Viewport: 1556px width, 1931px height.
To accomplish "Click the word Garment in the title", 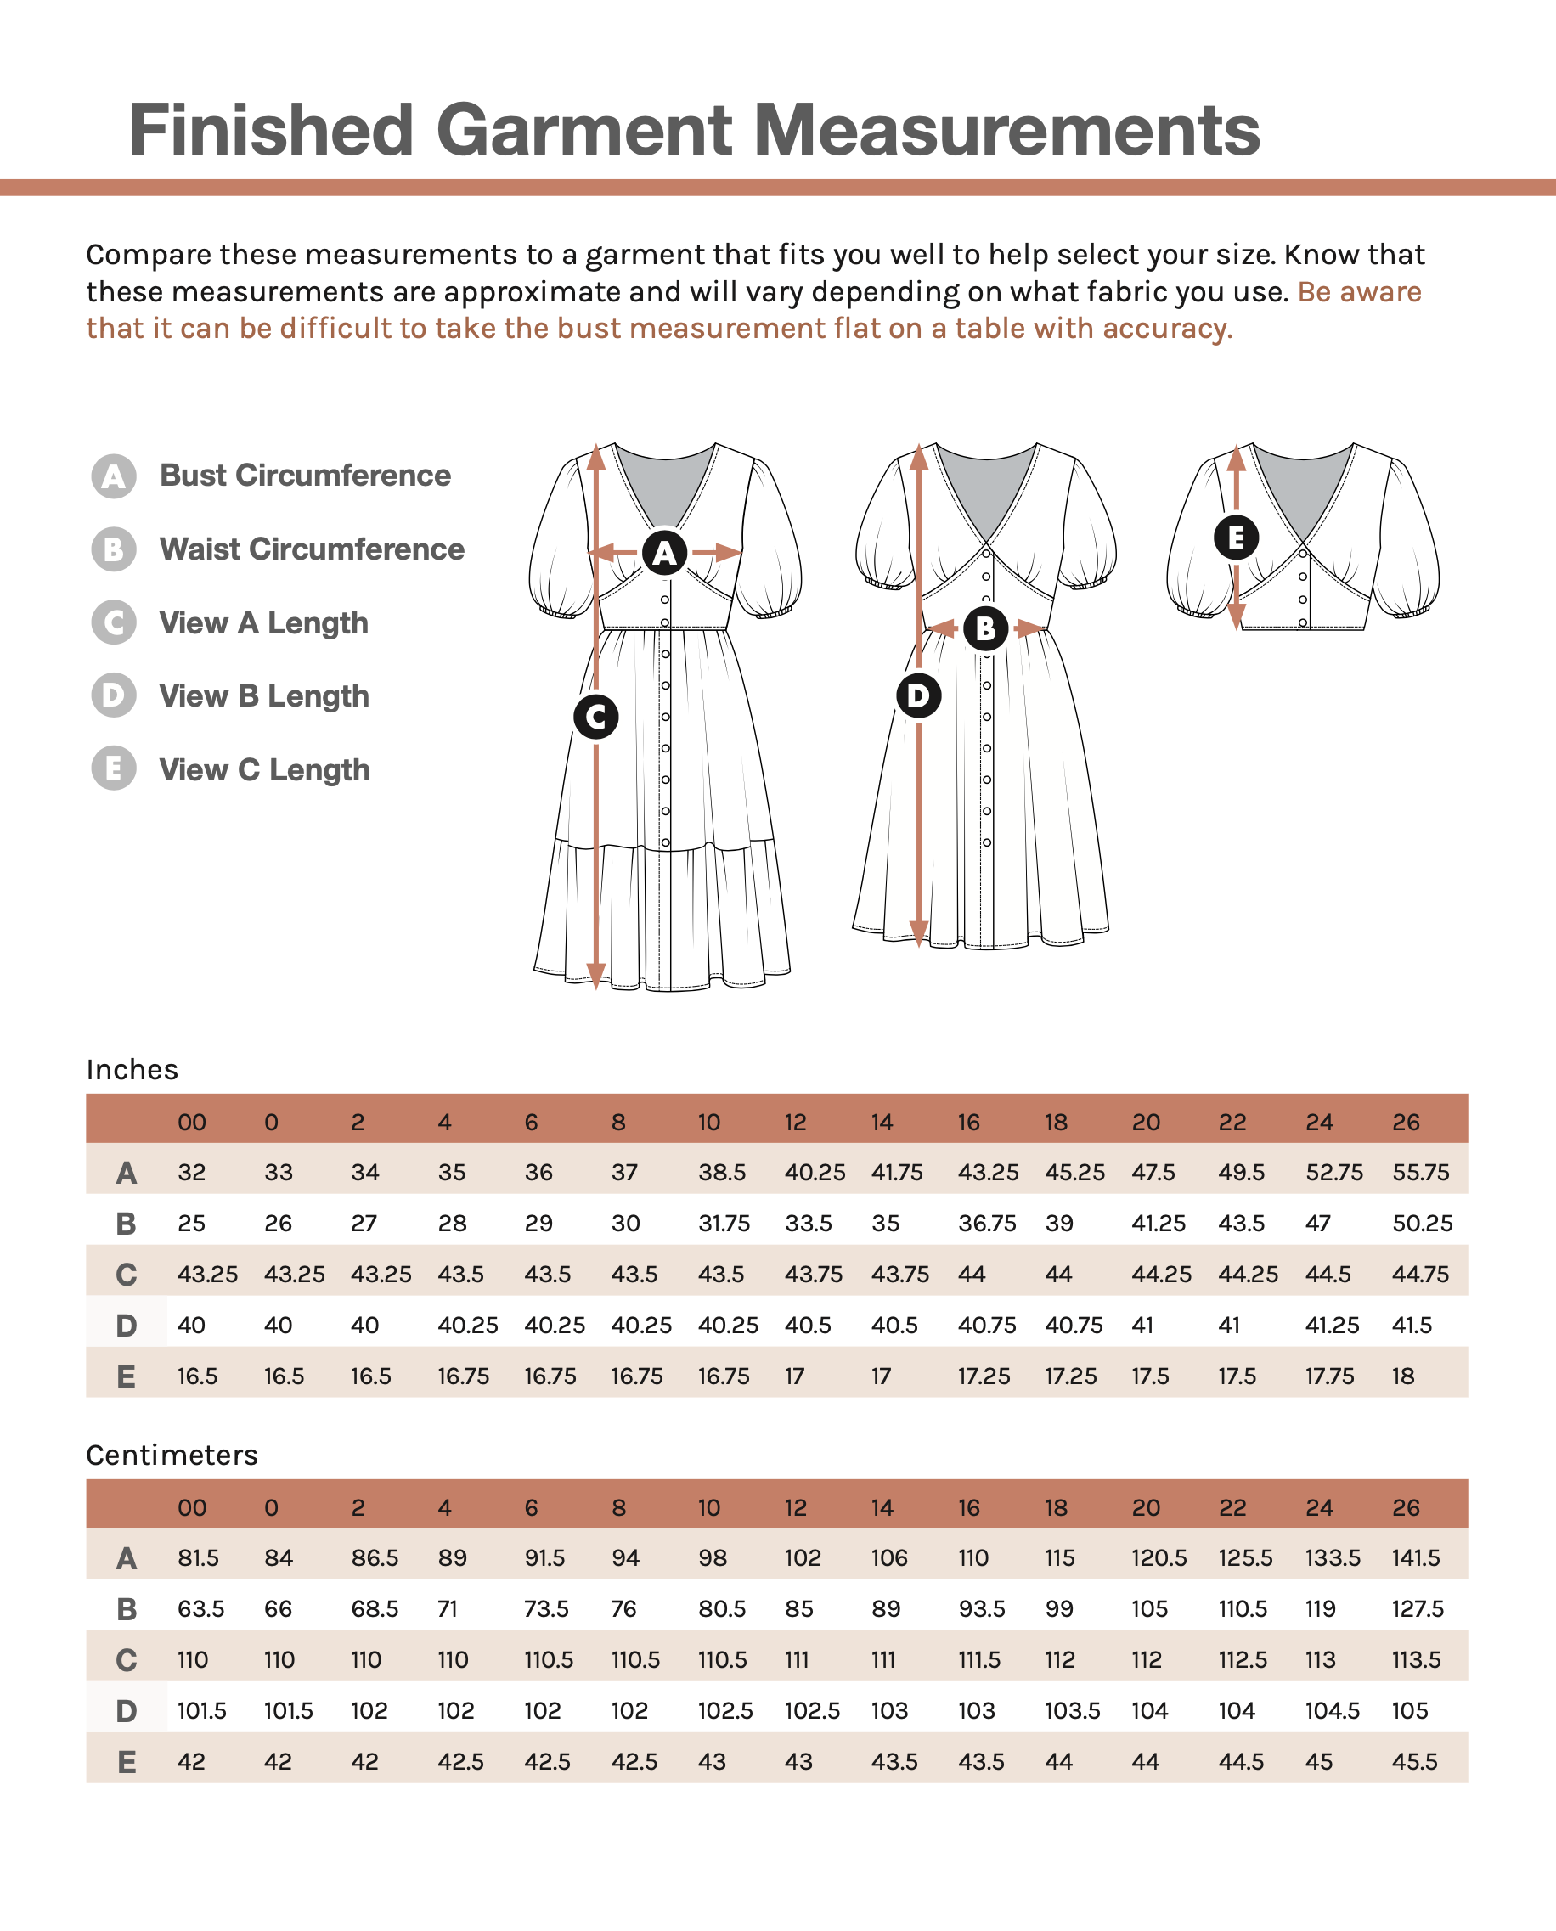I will [583, 130].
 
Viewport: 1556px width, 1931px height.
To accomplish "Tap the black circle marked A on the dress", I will [664, 553].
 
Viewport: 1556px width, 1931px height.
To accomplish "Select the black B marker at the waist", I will [985, 628].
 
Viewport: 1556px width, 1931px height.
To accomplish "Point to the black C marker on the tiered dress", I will [596, 717].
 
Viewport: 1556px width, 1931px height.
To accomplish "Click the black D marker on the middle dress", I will [918, 695].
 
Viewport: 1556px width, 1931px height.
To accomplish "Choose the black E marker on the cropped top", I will [1236, 538].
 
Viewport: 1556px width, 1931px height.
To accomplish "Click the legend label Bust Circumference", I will [305, 475].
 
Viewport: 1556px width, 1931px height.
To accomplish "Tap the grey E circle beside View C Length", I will [114, 768].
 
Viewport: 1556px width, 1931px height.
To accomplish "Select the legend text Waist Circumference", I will [312, 549].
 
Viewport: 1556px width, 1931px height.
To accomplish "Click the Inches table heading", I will [132, 1070].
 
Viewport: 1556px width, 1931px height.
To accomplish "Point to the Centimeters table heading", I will [172, 1455].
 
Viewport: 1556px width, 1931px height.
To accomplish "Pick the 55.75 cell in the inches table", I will [1421, 1172].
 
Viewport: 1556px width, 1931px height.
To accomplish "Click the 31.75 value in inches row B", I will [724, 1223].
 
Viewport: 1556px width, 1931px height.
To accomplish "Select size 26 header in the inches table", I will [1406, 1122].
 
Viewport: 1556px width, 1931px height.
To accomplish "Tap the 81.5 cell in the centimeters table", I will [198, 1557].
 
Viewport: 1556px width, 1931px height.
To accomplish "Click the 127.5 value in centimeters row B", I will [1417, 1608].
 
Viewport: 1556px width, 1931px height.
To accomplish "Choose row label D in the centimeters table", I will [127, 1711].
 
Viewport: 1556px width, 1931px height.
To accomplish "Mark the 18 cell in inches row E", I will [1403, 1376].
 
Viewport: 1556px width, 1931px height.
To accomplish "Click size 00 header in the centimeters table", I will [192, 1507].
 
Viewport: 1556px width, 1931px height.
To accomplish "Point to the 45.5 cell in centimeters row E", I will [1414, 1762].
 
